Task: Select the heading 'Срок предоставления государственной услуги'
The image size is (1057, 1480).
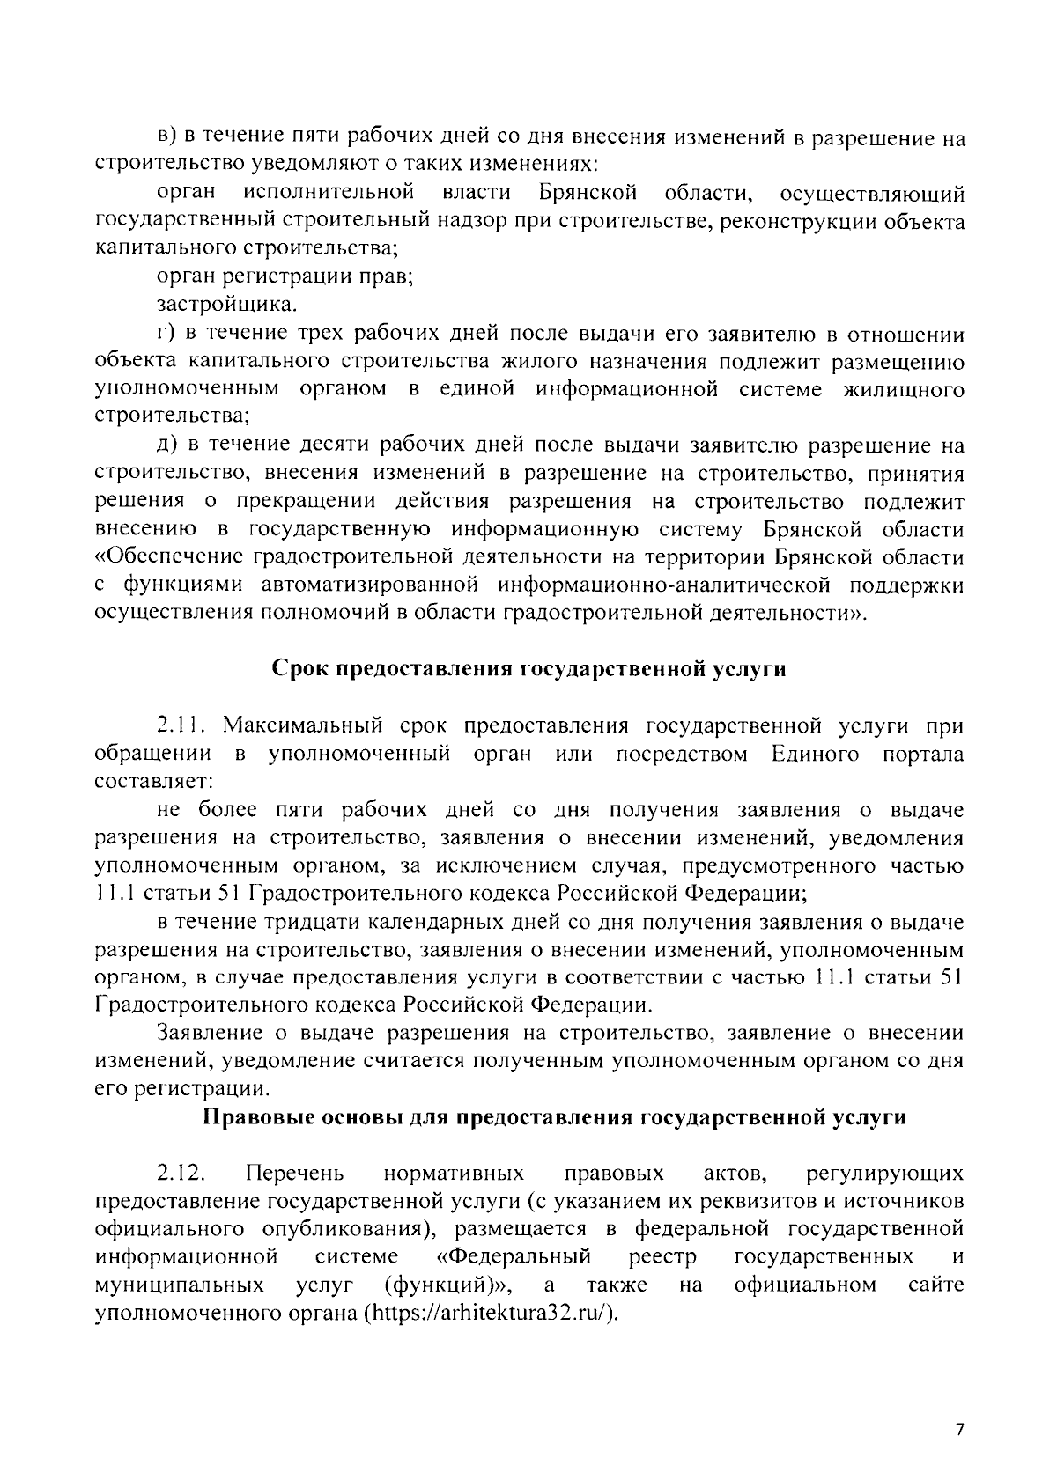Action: point(528,669)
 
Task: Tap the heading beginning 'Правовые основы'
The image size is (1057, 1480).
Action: point(555,1117)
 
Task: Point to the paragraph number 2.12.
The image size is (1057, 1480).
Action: point(181,1174)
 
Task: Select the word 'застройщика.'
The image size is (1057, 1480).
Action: point(227,306)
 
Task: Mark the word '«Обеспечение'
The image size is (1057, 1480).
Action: point(168,558)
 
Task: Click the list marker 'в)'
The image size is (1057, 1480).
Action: point(167,138)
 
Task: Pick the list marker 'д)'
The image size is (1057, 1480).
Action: point(167,446)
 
